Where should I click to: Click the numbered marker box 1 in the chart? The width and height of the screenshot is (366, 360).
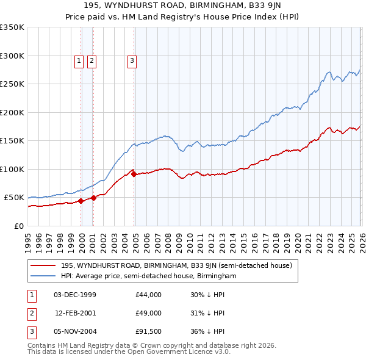pos(79,60)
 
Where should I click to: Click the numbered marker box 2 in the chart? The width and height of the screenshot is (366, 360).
pos(91,60)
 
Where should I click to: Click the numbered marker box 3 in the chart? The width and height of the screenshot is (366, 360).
pos(132,60)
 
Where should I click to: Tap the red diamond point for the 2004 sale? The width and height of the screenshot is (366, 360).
pos(134,175)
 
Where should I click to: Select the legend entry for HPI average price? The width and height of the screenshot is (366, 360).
pos(148,276)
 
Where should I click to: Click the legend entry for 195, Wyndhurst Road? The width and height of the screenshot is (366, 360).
pos(177,265)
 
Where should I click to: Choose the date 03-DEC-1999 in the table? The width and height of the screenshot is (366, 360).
pos(75,295)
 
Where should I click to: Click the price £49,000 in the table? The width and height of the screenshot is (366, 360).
pos(148,313)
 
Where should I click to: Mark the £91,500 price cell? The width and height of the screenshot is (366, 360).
pos(148,331)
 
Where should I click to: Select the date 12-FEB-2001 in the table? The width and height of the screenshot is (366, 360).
pos(75,313)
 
